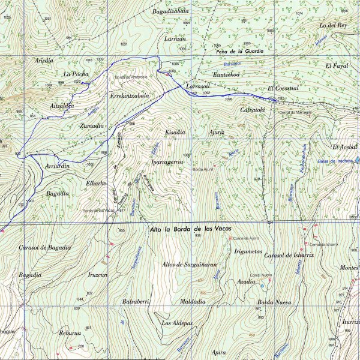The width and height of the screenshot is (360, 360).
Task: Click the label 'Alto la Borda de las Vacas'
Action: click(190, 229)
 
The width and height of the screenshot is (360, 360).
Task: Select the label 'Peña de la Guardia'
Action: click(239, 52)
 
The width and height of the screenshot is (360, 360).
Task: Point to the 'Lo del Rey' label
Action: click(334, 25)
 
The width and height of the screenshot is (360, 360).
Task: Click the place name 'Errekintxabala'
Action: click(128, 95)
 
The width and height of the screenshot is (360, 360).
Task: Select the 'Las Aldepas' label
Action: click(177, 323)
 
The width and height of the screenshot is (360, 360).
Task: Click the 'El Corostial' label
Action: click(283, 88)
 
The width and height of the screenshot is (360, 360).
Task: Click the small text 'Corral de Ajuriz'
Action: click(238, 238)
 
